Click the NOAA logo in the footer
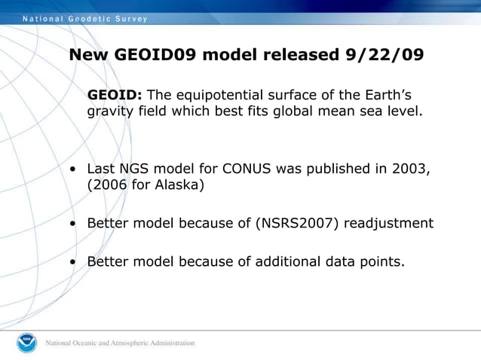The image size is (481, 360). click(26, 343)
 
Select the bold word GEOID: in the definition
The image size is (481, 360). click(115, 95)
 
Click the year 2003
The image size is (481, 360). click(411, 169)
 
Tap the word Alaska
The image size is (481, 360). click(175, 185)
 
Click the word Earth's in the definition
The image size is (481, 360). click(386, 95)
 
